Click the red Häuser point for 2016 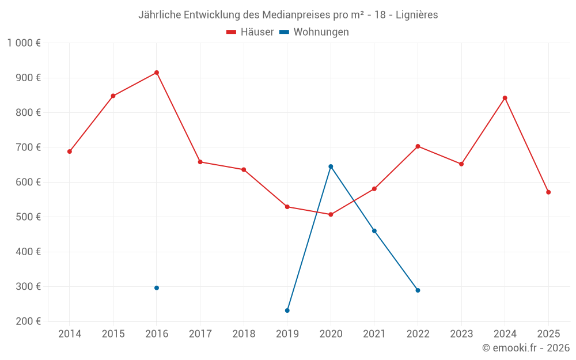pos(157,73)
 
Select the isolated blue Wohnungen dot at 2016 pos(157,288)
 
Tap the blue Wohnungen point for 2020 pos(331,166)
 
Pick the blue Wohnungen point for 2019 pos(287,310)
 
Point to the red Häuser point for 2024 pos(505,98)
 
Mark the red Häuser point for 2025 pos(548,192)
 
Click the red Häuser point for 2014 pos(70,151)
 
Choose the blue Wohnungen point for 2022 pos(418,290)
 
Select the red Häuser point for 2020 pos(331,214)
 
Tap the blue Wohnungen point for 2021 pos(374,231)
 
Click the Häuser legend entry pos(250,32)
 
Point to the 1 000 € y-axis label pos(24,43)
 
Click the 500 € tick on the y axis pos(29,217)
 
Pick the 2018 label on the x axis pos(244,334)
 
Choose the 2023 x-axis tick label pos(461,334)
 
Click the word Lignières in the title pos(416,14)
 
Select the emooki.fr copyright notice pos(525,348)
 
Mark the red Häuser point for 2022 pos(418,146)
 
